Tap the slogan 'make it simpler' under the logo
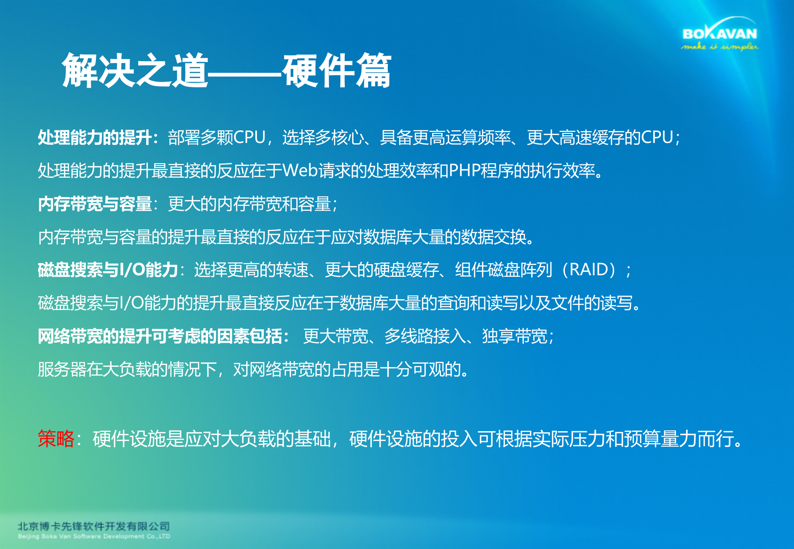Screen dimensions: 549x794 click(x=720, y=47)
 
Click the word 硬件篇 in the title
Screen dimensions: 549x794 click(x=337, y=71)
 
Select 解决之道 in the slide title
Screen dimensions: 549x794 click(x=136, y=71)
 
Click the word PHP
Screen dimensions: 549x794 click(x=464, y=170)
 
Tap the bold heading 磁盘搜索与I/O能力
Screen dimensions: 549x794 click(x=108, y=270)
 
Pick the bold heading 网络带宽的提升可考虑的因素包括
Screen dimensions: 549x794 click(x=160, y=336)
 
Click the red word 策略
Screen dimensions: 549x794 click(x=56, y=438)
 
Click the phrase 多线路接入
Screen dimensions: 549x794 click(x=425, y=336)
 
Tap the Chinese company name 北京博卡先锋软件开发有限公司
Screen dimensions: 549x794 click(x=94, y=527)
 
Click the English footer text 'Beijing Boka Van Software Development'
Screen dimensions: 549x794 click(x=94, y=536)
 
